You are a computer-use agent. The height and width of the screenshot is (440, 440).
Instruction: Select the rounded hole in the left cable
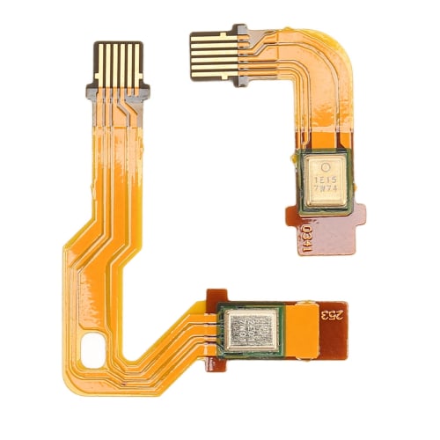click(92, 351)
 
